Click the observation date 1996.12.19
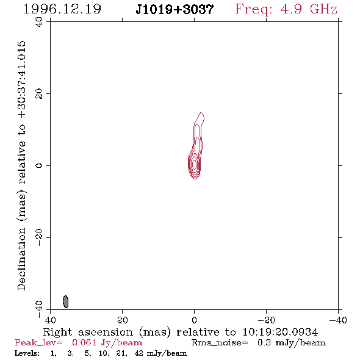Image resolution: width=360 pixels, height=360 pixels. [x=62, y=9]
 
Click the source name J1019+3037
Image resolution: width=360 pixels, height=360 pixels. [x=175, y=9]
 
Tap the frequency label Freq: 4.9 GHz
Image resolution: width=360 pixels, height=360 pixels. [x=286, y=9]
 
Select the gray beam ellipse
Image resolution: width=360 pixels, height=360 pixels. [x=66, y=301]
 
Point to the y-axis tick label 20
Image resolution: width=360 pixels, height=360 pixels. [x=39, y=94]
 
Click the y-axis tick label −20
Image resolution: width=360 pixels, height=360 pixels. [x=39, y=237]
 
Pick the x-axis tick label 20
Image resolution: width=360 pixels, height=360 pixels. [x=122, y=320]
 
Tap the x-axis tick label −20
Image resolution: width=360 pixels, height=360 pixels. [x=266, y=320]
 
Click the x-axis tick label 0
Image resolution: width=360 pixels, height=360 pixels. [x=194, y=320]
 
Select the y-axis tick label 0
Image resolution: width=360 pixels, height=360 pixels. [x=39, y=165]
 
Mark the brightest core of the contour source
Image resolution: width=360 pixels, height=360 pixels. [x=195, y=165]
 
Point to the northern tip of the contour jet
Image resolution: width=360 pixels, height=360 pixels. [x=201, y=112]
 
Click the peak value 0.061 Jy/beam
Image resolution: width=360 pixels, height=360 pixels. [x=107, y=343]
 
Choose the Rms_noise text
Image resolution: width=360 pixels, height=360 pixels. [x=220, y=343]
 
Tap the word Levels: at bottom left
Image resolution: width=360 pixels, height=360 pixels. [x=27, y=353]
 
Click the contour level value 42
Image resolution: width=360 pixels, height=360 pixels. [x=139, y=353]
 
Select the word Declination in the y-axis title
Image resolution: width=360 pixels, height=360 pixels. [x=21, y=259]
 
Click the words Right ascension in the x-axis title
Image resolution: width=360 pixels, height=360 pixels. [x=88, y=332]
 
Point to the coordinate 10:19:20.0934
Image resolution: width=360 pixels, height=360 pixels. [x=280, y=332]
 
